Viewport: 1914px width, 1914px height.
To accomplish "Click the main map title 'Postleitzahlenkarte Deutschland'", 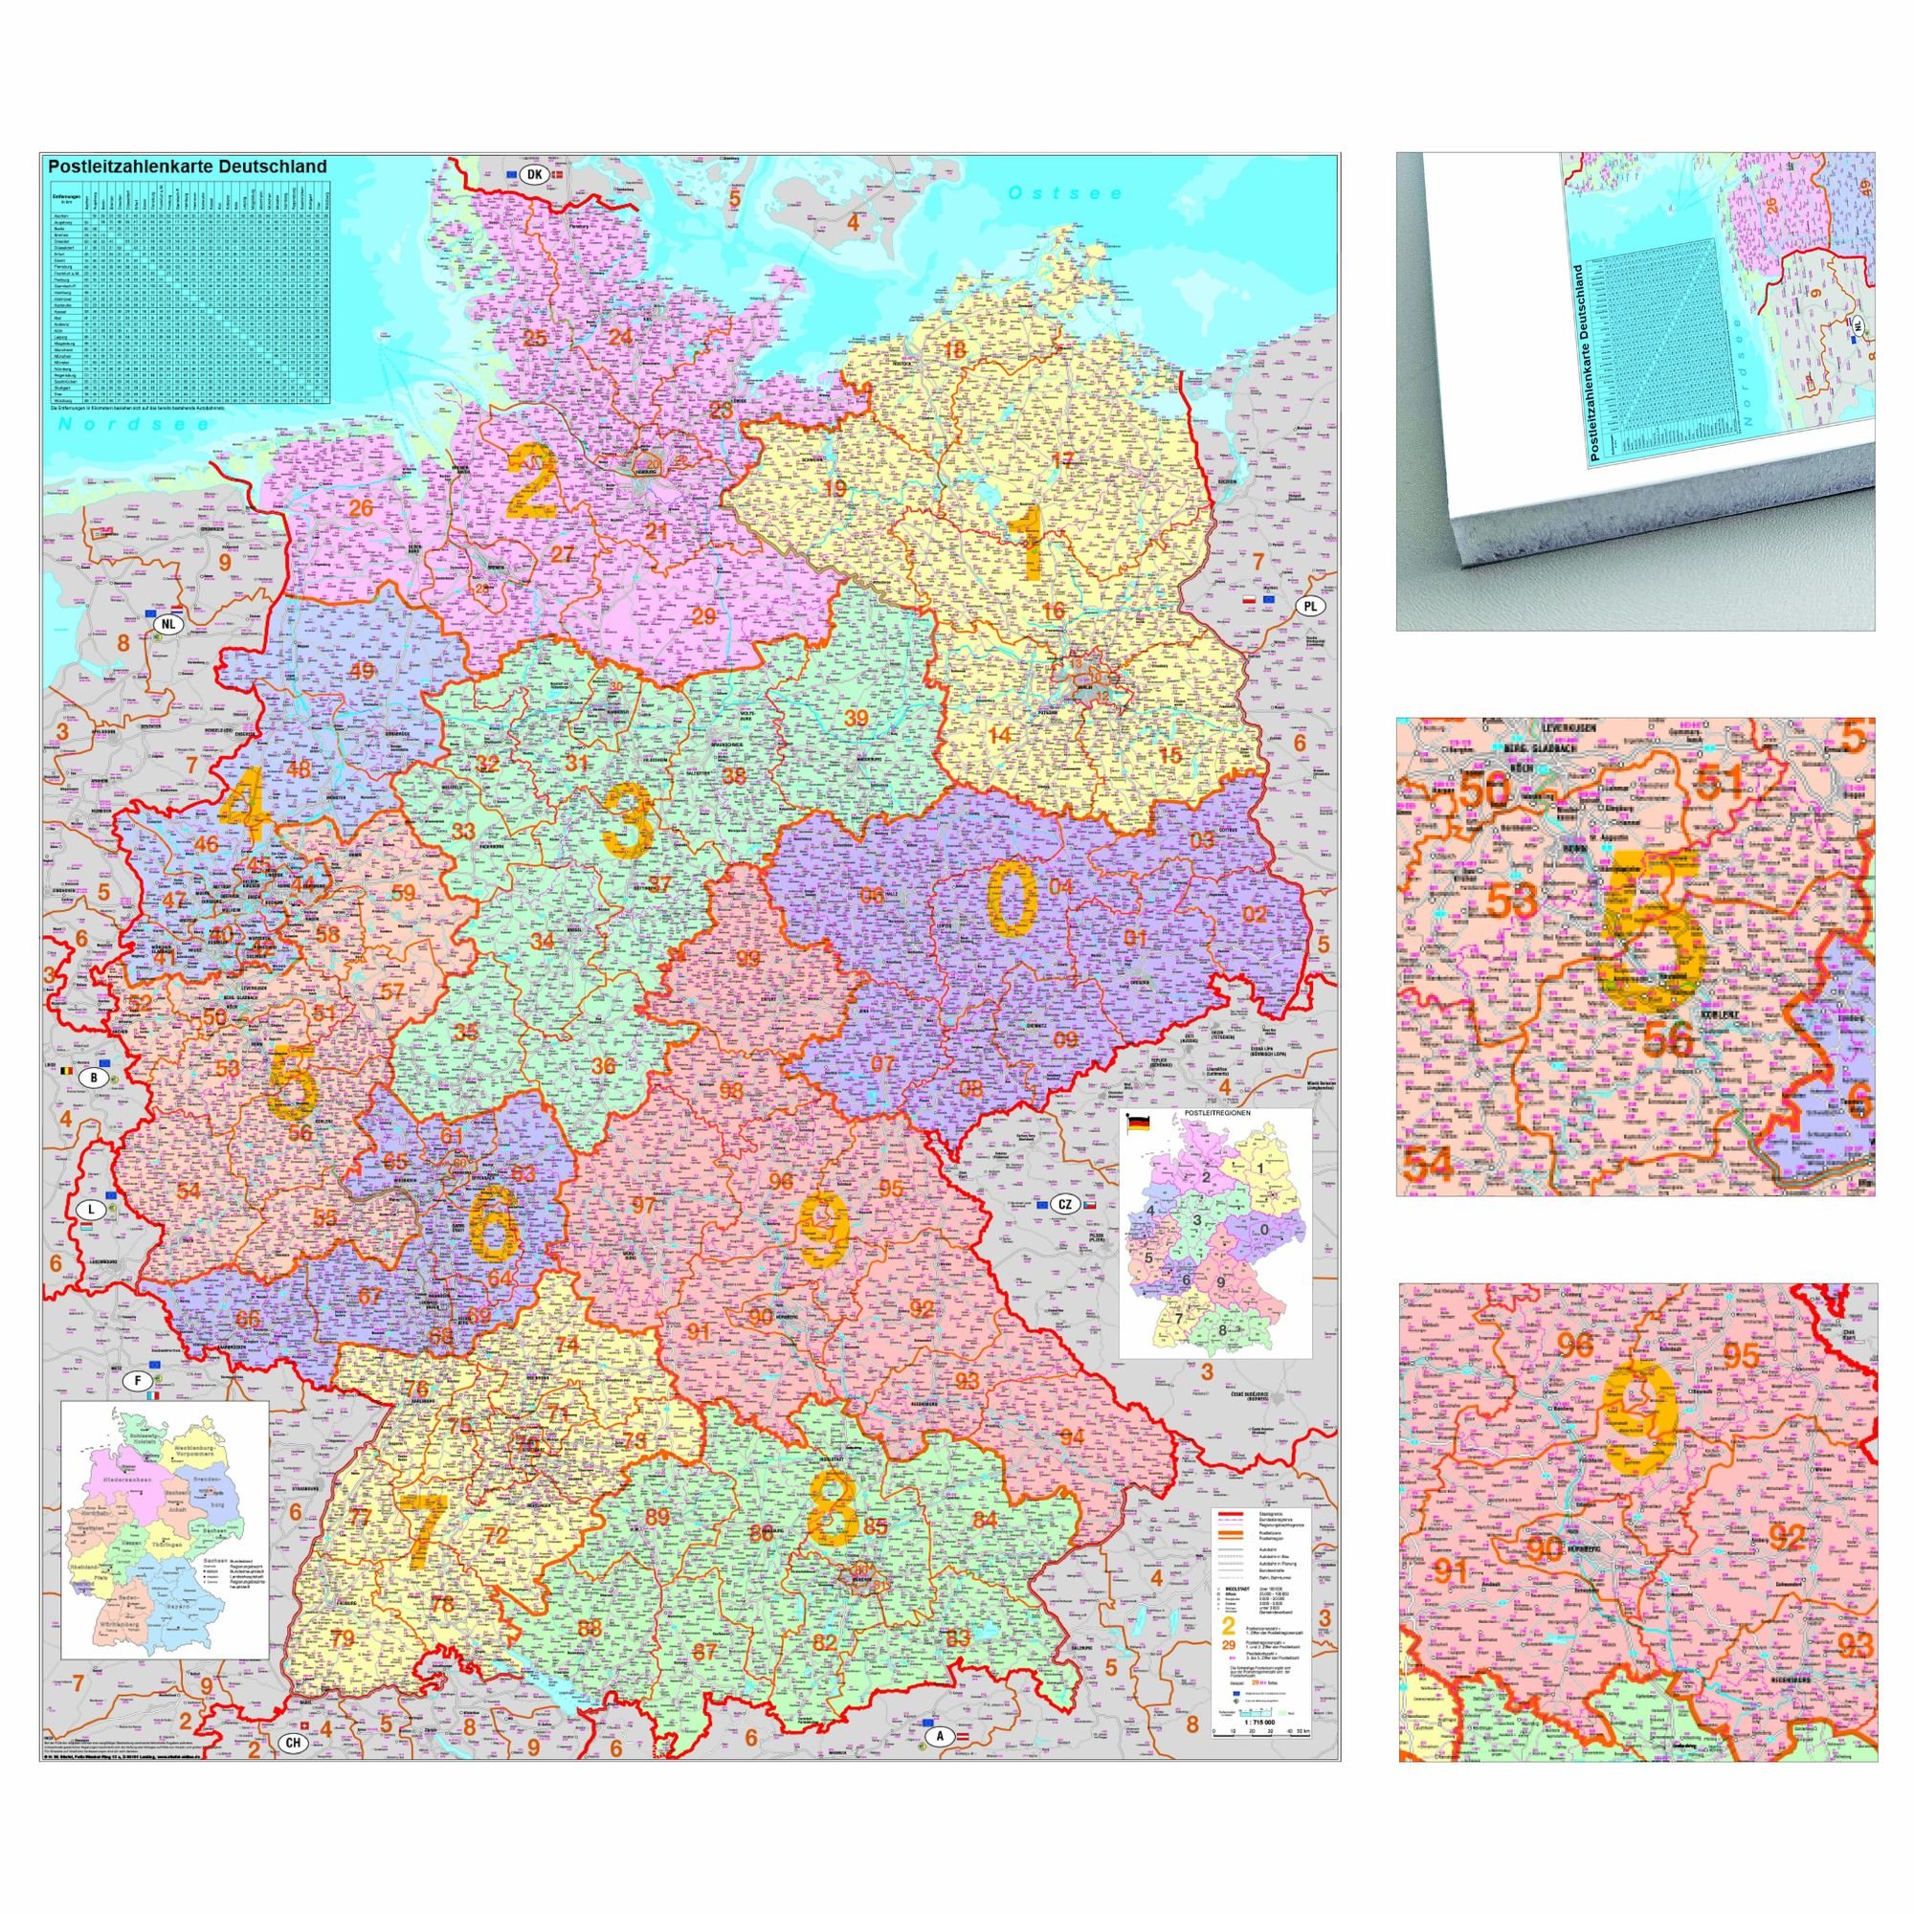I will (188, 167).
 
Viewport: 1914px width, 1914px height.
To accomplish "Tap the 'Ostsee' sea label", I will (1064, 193).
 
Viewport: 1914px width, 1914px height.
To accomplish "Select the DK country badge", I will (534, 174).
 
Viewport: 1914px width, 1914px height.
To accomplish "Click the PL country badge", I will (1311, 607).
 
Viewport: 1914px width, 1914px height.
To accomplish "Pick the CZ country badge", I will (1064, 1204).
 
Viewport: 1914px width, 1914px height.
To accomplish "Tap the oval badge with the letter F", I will (138, 1380).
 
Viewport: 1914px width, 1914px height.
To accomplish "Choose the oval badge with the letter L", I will (91, 1211).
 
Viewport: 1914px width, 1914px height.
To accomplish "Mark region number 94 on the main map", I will (1072, 1437).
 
